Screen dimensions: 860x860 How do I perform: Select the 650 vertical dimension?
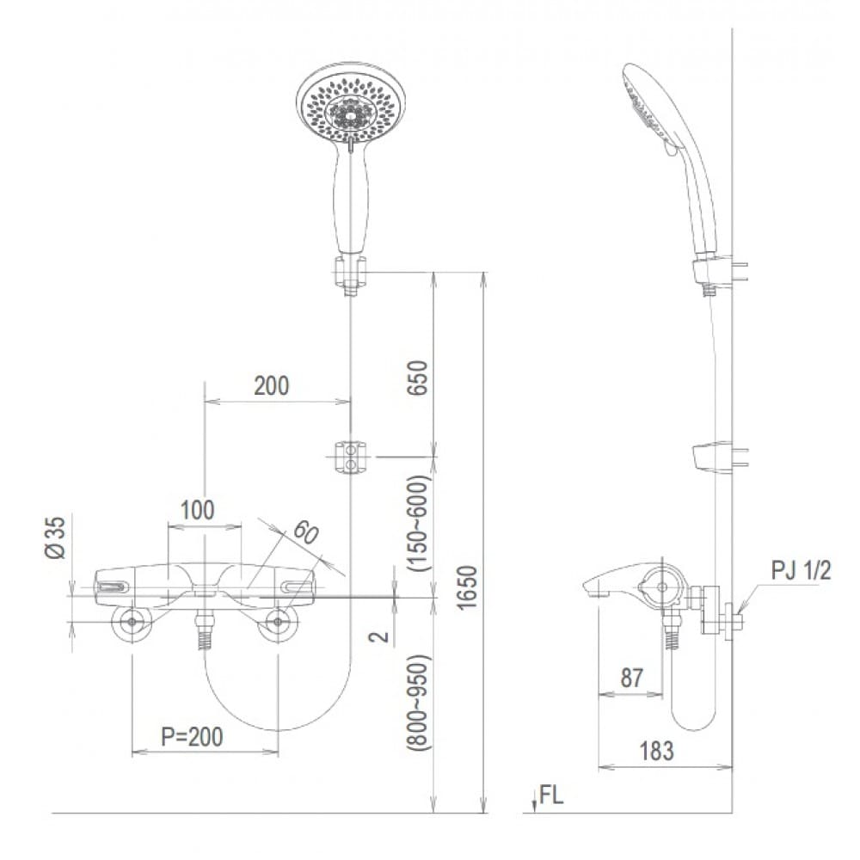[x=419, y=377]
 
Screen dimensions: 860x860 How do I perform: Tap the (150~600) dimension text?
[x=419, y=523]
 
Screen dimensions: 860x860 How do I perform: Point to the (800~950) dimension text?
[x=419, y=703]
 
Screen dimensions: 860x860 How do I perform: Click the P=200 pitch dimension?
[x=192, y=736]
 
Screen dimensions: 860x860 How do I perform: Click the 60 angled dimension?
[x=304, y=533]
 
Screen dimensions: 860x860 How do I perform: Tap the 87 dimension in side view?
[x=631, y=678]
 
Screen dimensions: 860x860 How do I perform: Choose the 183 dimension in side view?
[x=657, y=750]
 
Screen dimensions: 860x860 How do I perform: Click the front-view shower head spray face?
[x=349, y=107]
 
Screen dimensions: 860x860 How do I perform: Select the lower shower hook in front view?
[x=349, y=456]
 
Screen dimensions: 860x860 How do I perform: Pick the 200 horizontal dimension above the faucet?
[x=271, y=386]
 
